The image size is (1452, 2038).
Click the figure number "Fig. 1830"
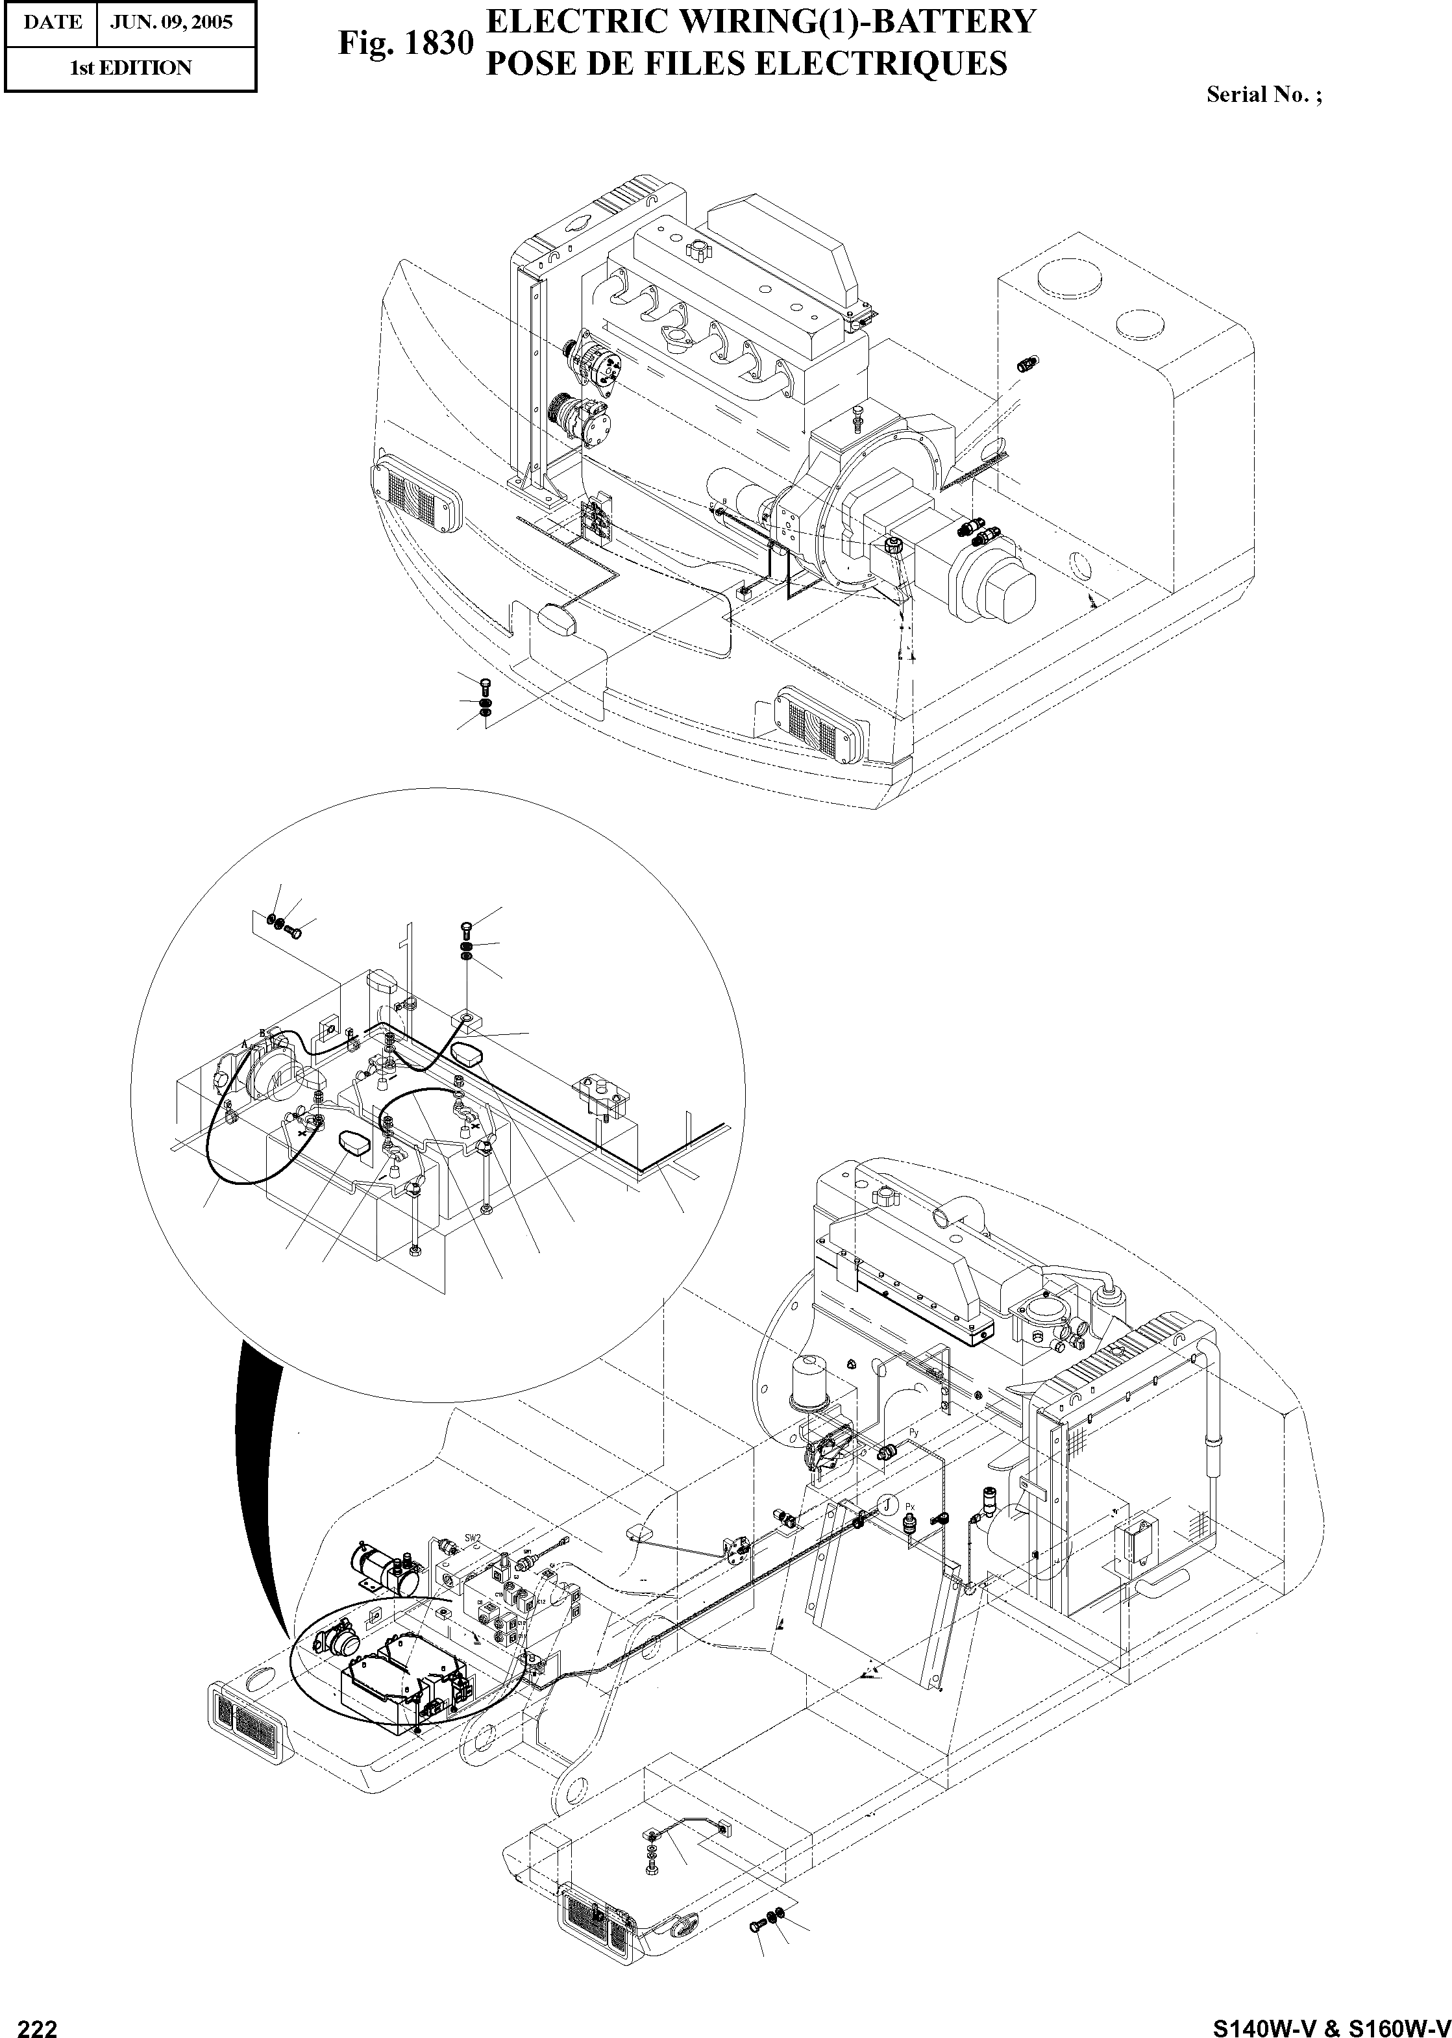(404, 43)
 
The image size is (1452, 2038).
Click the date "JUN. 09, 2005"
(171, 22)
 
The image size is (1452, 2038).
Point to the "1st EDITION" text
(130, 68)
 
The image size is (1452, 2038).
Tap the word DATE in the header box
(52, 22)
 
